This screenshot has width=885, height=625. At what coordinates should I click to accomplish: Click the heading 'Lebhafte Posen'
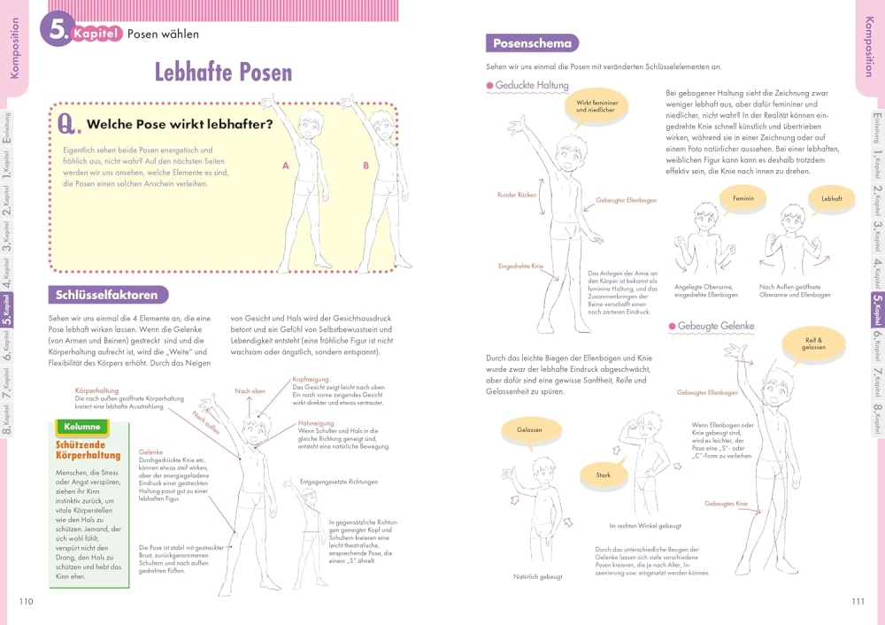pyautogui.click(x=223, y=72)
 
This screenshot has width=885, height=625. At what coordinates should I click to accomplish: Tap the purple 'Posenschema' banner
pyautogui.click(x=531, y=42)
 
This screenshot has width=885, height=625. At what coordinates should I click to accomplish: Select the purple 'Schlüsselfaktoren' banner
pyautogui.click(x=107, y=295)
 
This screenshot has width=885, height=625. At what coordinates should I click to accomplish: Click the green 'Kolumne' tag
pyautogui.click(x=82, y=427)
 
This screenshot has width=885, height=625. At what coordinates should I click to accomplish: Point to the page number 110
pyautogui.click(x=26, y=602)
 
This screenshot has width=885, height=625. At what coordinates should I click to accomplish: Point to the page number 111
pyautogui.click(x=858, y=602)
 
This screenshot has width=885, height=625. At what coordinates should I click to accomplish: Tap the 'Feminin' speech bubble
pyautogui.click(x=743, y=199)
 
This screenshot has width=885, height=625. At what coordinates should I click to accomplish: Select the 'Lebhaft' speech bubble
pyautogui.click(x=831, y=199)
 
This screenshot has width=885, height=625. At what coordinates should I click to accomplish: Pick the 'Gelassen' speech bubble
pyautogui.click(x=529, y=430)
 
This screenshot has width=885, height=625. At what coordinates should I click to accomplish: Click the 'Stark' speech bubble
pyautogui.click(x=603, y=475)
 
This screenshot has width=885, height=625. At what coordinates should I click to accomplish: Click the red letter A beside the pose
pyautogui.click(x=286, y=166)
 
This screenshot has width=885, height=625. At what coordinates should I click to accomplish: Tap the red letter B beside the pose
pyautogui.click(x=366, y=166)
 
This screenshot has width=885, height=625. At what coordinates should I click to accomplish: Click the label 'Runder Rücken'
pyautogui.click(x=517, y=195)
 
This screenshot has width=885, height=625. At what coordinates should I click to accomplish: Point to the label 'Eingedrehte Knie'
pyautogui.click(x=520, y=266)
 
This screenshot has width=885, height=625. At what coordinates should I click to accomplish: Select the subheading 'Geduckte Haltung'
pyautogui.click(x=532, y=85)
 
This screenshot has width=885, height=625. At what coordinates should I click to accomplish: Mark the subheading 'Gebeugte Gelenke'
pyautogui.click(x=715, y=327)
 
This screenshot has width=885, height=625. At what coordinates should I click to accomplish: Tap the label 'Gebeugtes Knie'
pyautogui.click(x=726, y=504)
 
